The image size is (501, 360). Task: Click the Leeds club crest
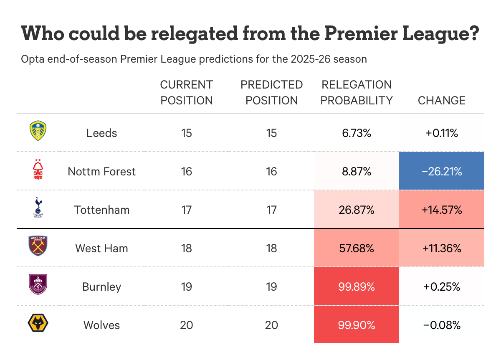(38, 131)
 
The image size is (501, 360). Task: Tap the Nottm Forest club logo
(38, 170)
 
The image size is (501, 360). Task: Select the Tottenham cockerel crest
(38, 208)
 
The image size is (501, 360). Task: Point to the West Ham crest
(38, 246)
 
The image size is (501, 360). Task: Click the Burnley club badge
(38, 285)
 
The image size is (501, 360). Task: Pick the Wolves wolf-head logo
(38, 323)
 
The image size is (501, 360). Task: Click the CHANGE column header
(441, 101)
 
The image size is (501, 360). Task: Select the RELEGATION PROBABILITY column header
(357, 93)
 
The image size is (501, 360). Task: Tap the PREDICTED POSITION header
(271, 93)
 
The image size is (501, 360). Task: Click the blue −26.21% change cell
(441, 171)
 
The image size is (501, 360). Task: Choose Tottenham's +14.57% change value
(441, 210)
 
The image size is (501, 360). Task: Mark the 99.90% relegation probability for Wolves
(357, 325)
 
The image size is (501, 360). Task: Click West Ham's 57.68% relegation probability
(357, 248)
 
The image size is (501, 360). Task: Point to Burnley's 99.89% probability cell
(357, 287)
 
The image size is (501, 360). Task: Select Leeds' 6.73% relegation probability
(357, 133)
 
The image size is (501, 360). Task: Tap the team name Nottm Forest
(101, 171)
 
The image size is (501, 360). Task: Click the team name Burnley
(101, 287)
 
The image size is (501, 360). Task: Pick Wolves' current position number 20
(186, 325)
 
